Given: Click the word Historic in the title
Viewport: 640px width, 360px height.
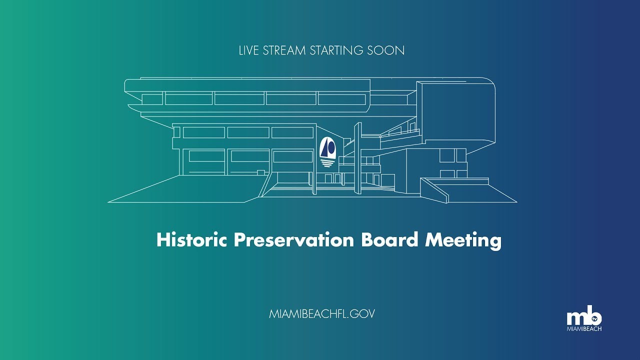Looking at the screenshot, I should tap(191, 240).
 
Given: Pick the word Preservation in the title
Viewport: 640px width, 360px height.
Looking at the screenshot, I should tap(293, 240).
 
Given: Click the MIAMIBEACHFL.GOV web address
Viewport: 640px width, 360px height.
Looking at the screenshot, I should tap(322, 314).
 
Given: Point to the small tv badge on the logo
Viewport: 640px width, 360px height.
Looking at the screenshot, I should tap(594, 318).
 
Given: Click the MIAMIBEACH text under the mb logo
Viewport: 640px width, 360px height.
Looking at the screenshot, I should tap(584, 329).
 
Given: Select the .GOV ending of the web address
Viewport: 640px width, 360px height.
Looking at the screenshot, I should tap(362, 314).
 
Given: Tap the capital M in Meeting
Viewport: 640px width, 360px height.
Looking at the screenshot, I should tap(432, 240).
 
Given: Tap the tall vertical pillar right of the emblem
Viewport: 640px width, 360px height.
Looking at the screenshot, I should tap(357, 159).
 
